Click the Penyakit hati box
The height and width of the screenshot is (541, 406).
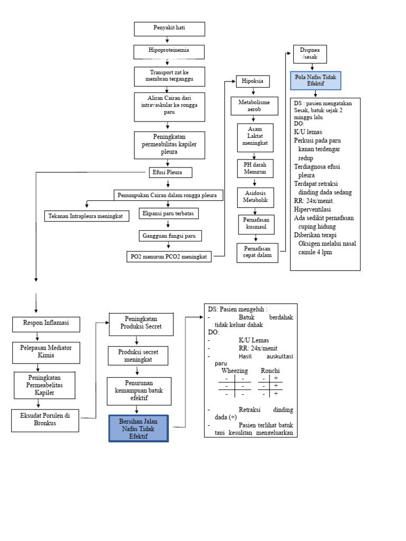pos(169,29)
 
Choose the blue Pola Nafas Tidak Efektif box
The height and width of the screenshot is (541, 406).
pos(315,80)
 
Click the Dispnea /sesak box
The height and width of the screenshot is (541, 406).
pos(309,53)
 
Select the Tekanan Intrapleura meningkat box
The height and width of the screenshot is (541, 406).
pos(86,216)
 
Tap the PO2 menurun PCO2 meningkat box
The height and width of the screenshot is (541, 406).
pos(169,256)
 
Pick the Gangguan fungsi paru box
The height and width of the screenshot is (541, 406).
pos(170,236)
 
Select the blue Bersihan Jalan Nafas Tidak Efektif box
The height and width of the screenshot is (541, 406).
pos(139,428)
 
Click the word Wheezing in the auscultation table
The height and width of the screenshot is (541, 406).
pos(234,371)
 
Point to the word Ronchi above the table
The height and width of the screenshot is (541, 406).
pos(270,371)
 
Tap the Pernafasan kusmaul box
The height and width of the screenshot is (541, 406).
pos(255,223)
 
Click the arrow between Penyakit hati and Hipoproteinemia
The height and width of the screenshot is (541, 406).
pos(168,40)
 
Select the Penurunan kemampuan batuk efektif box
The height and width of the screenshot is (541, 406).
pos(139,390)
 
